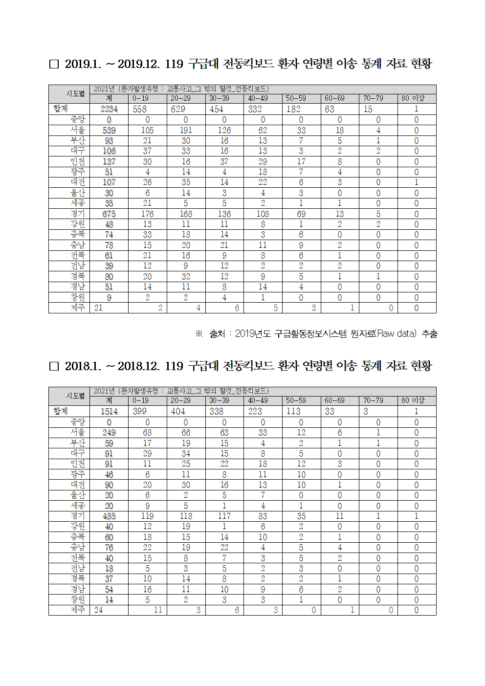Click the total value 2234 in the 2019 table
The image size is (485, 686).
point(109,109)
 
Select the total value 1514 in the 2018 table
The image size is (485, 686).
point(109,411)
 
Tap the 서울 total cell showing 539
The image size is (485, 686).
point(109,131)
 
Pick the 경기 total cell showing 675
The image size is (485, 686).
point(109,214)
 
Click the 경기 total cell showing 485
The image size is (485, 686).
point(109,516)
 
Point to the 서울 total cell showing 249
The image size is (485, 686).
point(109,433)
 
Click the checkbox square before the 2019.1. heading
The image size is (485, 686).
point(54,64)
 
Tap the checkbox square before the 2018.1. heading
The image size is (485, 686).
point(54,366)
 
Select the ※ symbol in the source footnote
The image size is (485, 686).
point(199,333)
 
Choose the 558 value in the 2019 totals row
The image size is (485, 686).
point(140,109)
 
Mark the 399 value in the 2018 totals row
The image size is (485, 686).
point(140,411)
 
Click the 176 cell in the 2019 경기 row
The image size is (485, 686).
point(147,214)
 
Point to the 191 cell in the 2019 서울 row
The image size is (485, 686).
point(186,131)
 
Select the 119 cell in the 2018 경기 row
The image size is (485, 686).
point(147,516)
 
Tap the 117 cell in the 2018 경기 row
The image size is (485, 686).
point(224,516)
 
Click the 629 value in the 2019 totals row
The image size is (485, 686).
point(178,109)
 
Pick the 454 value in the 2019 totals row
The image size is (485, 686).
point(217,109)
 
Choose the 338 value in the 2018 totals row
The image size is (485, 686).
point(217,411)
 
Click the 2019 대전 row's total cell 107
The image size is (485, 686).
point(109,182)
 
